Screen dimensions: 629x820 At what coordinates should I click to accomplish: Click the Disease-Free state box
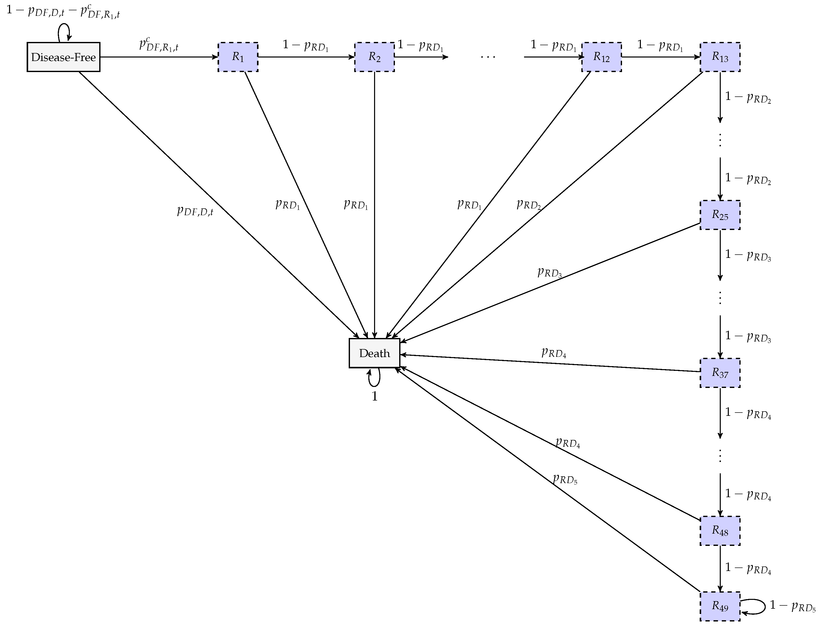(x=63, y=57)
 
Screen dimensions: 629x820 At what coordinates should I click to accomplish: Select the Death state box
(x=374, y=353)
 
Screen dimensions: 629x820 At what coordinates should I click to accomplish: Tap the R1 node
(x=238, y=57)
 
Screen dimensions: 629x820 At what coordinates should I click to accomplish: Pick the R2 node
(x=374, y=57)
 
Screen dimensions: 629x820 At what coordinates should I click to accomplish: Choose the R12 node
(x=601, y=57)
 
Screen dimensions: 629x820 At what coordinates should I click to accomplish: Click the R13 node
(x=720, y=57)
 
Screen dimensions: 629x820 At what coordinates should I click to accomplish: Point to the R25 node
(x=720, y=215)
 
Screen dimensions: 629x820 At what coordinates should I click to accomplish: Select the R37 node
(x=720, y=373)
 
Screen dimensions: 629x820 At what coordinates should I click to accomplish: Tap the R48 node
(x=720, y=531)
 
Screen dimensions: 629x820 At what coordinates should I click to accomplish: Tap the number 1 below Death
(x=375, y=396)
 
